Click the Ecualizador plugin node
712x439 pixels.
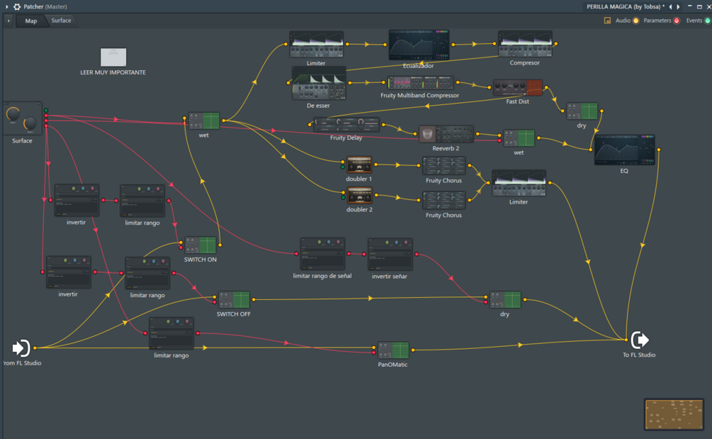click(x=419, y=45)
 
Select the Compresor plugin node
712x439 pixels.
click(x=524, y=44)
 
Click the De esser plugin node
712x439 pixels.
click(x=319, y=84)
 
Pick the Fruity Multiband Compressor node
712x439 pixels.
click(x=420, y=83)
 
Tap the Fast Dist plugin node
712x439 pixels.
click(x=517, y=88)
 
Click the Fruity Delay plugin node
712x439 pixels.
click(x=346, y=125)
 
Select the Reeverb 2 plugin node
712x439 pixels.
click(x=446, y=134)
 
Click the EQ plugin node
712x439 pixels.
click(x=624, y=150)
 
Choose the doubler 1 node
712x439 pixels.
click(x=359, y=165)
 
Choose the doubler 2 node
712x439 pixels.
click(x=359, y=195)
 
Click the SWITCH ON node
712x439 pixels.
click(x=200, y=245)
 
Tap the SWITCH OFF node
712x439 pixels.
click(x=234, y=299)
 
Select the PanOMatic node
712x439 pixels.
click(x=392, y=350)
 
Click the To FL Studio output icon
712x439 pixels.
click(x=639, y=340)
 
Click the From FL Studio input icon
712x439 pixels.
click(x=21, y=348)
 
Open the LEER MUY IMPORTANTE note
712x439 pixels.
click(x=113, y=57)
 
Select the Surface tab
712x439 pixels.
click(x=61, y=21)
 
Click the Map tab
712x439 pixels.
click(x=31, y=21)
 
